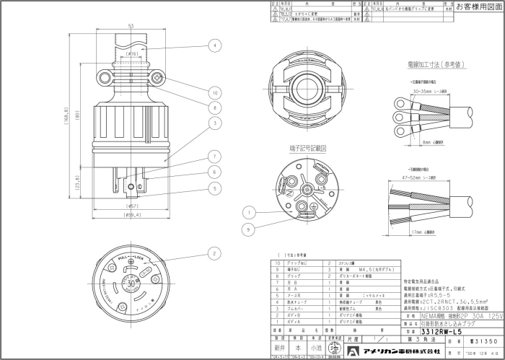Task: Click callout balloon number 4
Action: click(215, 45)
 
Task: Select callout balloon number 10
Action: click(215, 92)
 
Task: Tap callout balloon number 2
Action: click(215, 253)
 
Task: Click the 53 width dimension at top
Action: click(131, 27)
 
